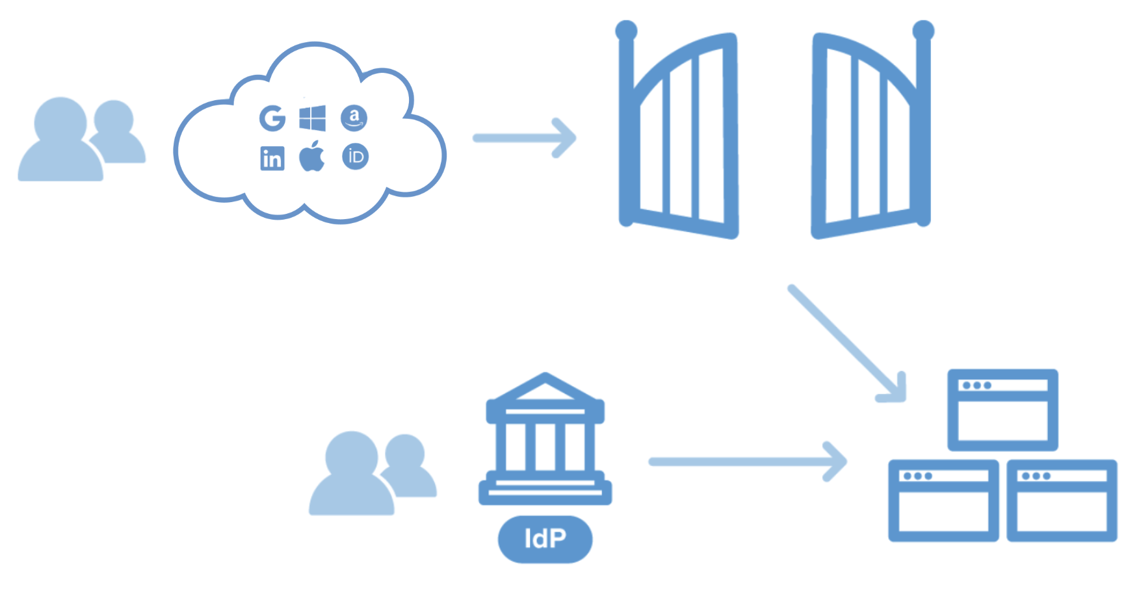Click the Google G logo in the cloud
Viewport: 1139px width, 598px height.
tap(272, 118)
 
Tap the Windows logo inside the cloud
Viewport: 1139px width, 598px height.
tap(313, 118)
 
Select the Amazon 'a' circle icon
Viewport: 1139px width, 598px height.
tap(354, 118)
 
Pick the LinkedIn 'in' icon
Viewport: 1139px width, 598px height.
tap(272, 158)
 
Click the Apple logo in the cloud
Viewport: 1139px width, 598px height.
tap(312, 157)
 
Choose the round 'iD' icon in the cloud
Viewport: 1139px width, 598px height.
tap(355, 157)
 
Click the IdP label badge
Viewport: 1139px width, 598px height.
tap(545, 539)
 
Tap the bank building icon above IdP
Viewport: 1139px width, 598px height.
tap(545, 442)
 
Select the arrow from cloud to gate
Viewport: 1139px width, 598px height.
tap(524, 138)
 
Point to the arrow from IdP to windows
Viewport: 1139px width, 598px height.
tap(748, 461)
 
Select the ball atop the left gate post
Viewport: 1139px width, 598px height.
tap(626, 30)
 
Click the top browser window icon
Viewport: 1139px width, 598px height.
tap(1002, 410)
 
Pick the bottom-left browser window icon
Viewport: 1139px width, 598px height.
tap(943, 500)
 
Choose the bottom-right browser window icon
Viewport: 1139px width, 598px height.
tap(1062, 500)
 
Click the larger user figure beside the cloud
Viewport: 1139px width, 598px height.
tap(60, 143)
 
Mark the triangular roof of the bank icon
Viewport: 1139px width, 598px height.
tap(545, 389)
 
